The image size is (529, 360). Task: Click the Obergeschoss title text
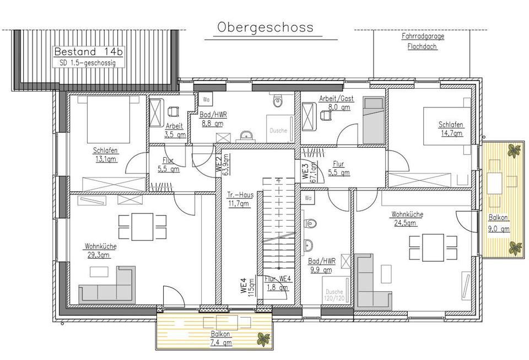pos(265,28)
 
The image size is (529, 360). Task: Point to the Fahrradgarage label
pos(423,36)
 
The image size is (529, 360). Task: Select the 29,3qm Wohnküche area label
pos(100,251)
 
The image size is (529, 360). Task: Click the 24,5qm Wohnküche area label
pos(407,218)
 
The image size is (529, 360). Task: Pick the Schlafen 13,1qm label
pos(105,155)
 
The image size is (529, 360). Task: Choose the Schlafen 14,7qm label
pos(451,128)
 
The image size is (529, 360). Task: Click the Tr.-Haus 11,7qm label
pos(240,199)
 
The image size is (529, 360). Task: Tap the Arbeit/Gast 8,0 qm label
pos(336,103)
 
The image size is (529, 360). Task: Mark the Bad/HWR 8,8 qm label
pos(213,119)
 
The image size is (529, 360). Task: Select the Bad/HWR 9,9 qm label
pos(322,265)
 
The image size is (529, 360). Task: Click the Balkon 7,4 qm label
pos(221,338)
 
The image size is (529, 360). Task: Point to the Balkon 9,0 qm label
pos(499,223)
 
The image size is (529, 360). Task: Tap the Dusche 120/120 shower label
pos(334,295)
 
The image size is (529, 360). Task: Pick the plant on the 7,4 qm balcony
pos(263,339)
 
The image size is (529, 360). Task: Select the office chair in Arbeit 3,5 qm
pos(172,111)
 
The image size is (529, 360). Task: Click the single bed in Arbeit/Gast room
pos(374,120)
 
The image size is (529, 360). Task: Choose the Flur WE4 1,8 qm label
pos(277,283)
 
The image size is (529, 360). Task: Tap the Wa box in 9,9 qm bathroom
pos(309,198)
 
